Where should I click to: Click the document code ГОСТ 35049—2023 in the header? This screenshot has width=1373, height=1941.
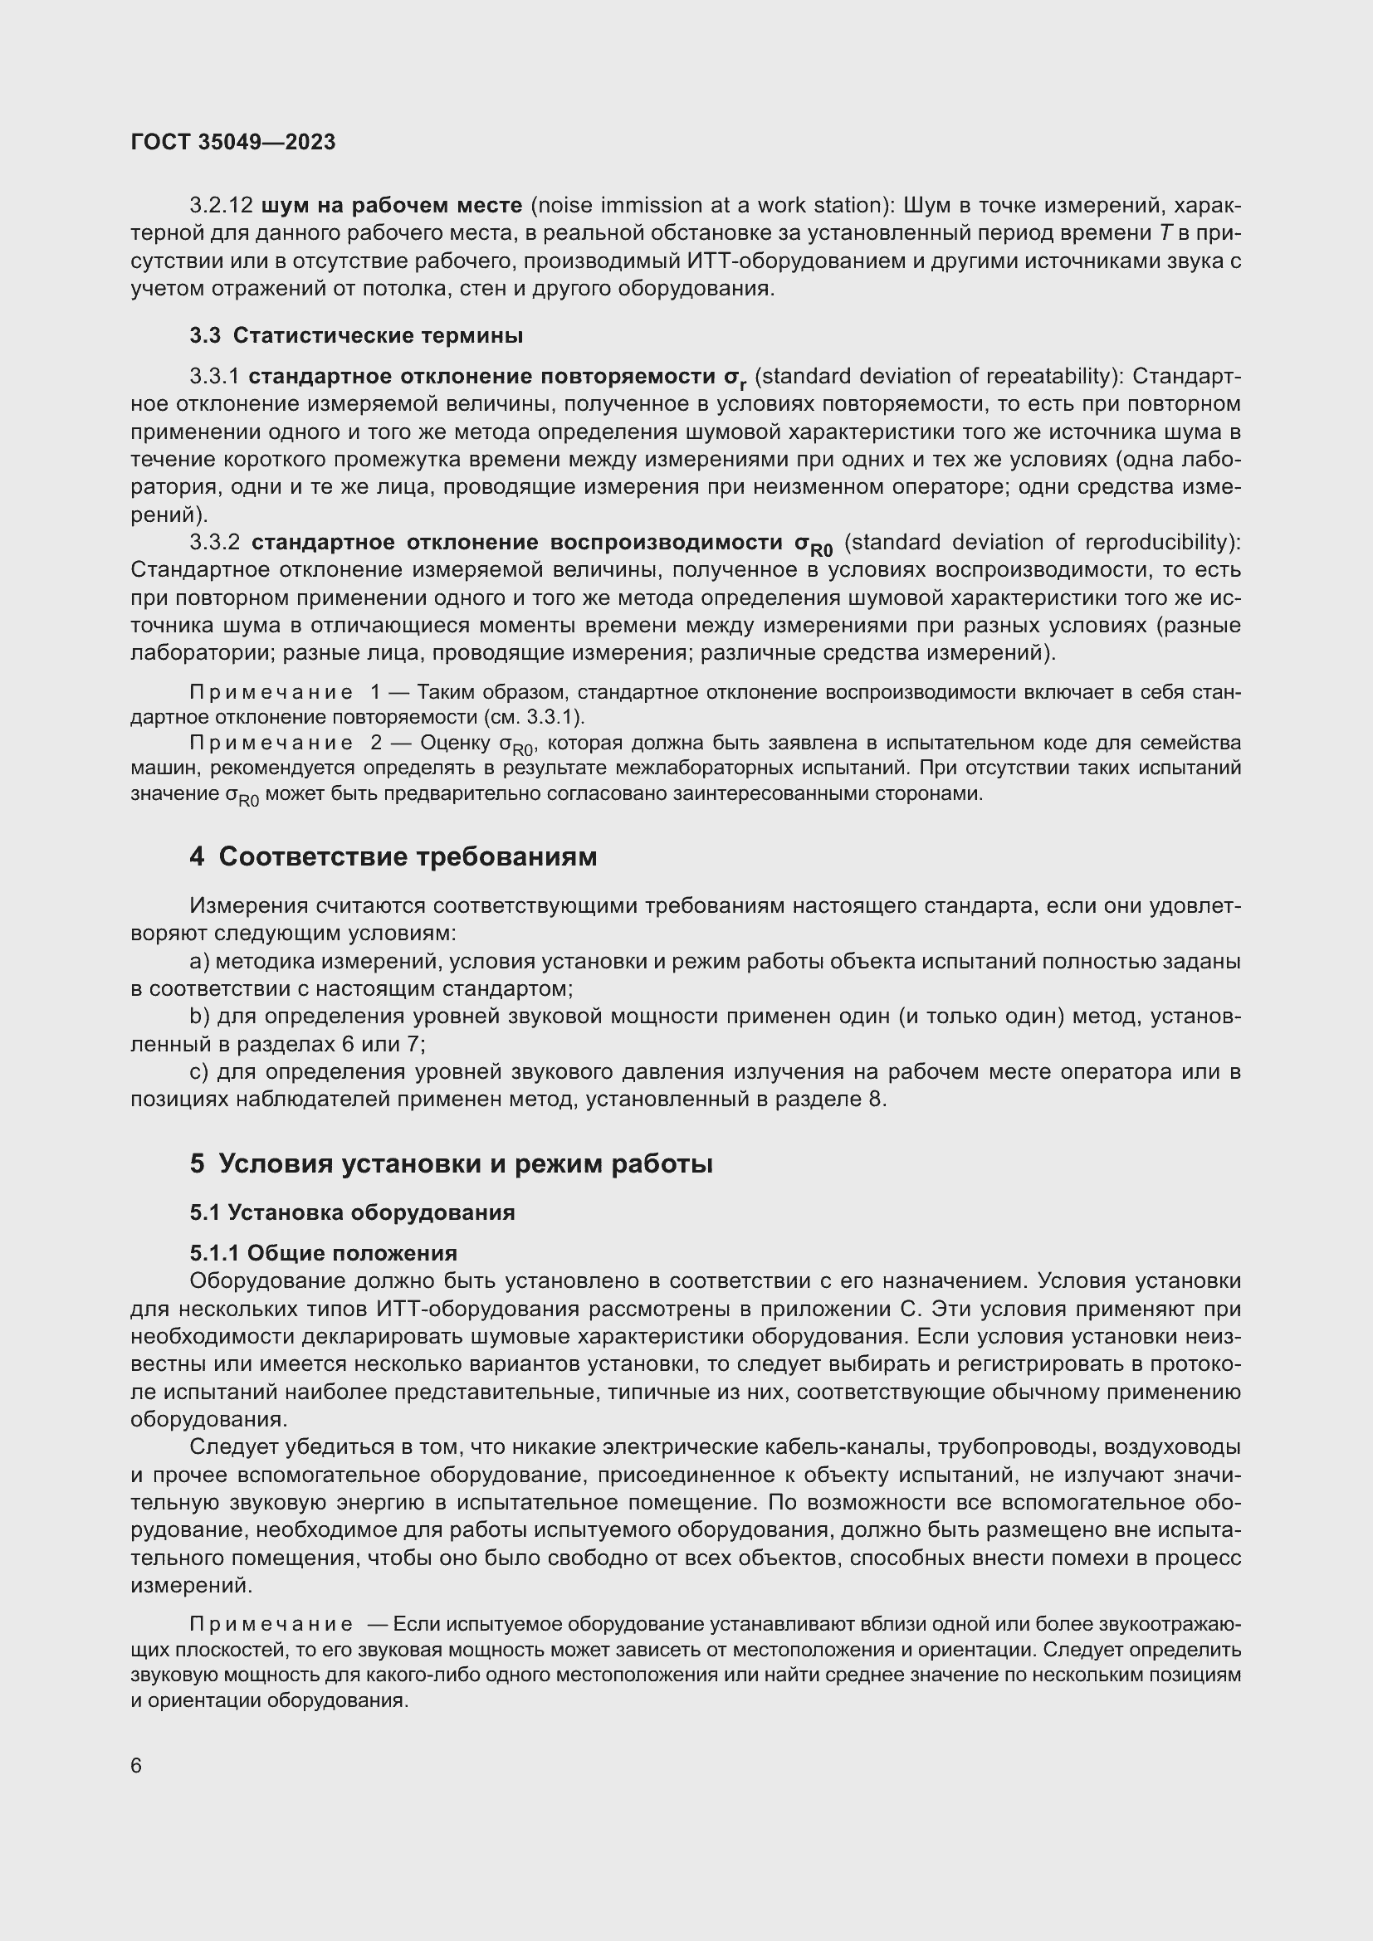click(233, 142)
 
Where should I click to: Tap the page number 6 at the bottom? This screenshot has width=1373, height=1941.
click(137, 1765)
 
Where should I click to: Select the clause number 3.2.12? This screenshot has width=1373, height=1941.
click(221, 206)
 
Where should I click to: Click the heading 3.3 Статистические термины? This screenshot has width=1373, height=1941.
click(356, 335)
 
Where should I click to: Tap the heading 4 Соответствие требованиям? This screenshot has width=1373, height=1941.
click(393, 856)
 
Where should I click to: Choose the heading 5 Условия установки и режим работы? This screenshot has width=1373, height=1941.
click(451, 1163)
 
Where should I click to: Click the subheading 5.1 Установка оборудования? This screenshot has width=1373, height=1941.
click(352, 1212)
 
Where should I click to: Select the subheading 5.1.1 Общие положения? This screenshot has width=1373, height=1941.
click(323, 1253)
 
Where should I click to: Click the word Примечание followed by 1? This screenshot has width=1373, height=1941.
click(271, 692)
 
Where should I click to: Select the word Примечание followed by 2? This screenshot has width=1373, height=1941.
click(271, 743)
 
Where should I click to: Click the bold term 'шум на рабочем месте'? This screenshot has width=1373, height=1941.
click(393, 206)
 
